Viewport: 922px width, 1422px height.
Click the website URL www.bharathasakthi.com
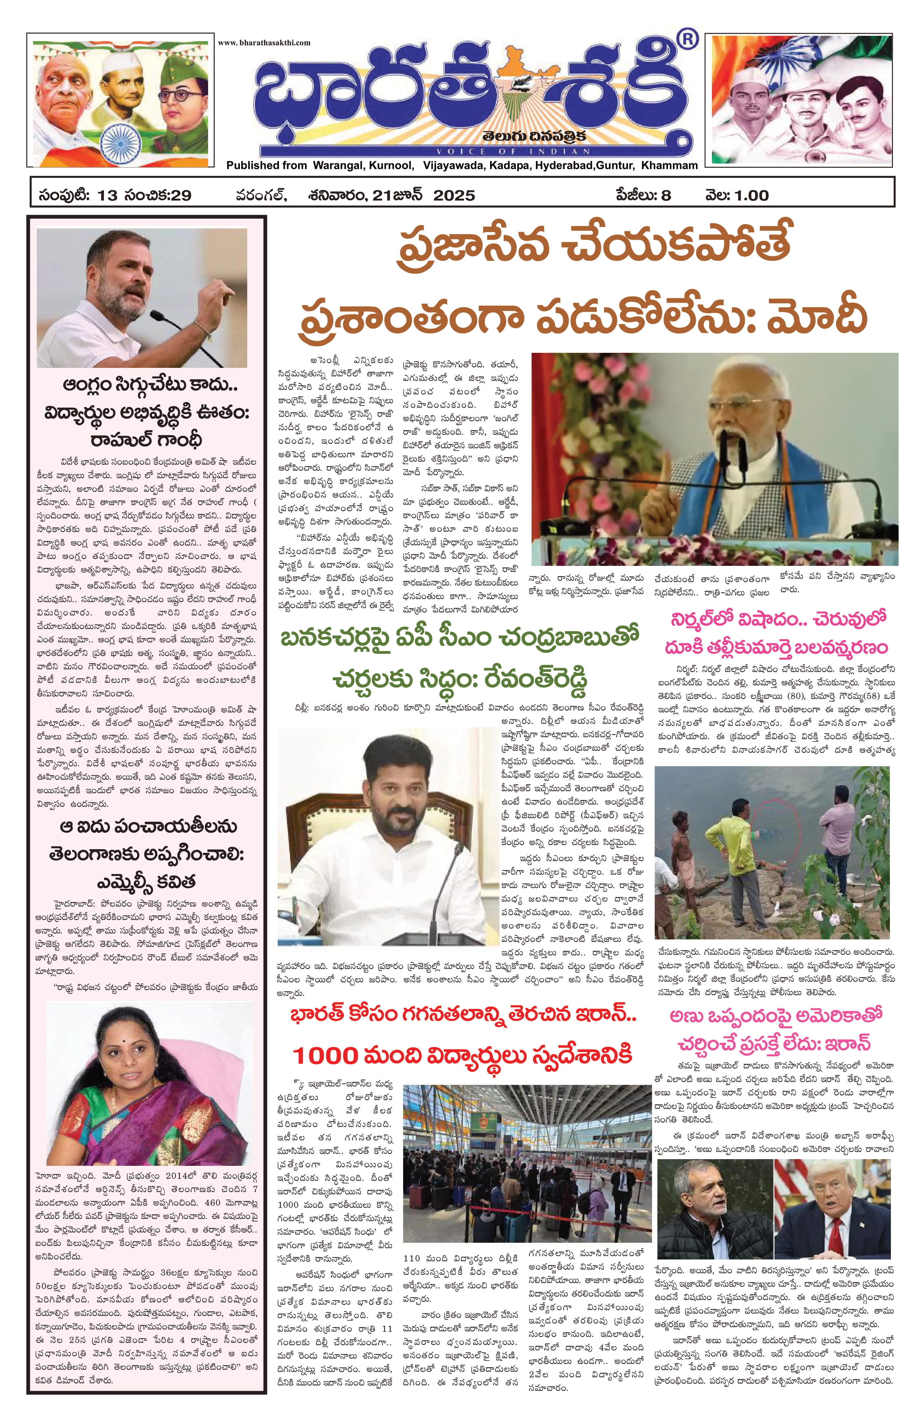[264, 42]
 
